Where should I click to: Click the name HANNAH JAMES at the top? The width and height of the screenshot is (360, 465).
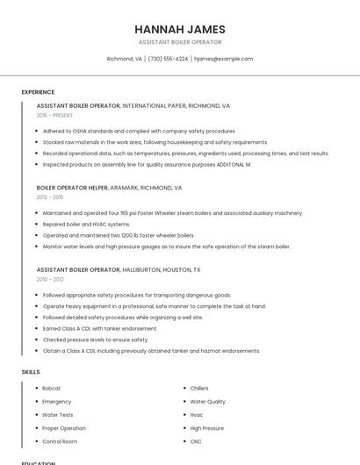coord(179,29)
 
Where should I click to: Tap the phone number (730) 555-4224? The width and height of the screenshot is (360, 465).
coord(168,59)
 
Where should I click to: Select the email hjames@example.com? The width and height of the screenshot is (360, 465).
coord(223,59)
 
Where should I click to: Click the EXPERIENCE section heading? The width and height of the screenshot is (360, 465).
coord(38,92)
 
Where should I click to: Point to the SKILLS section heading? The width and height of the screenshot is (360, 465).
coord(31,372)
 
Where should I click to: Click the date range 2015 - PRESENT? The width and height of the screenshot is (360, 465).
coord(54,115)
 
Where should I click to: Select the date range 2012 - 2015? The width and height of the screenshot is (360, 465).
coord(49,197)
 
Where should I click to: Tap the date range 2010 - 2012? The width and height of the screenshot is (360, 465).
coord(49,279)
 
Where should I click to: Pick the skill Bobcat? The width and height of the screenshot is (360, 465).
coord(51,388)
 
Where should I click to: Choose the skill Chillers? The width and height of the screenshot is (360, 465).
coord(199,388)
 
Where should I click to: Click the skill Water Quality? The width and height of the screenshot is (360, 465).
coord(207,401)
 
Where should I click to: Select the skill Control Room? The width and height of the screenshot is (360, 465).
coord(60,441)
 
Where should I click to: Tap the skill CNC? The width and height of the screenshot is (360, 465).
coord(197,441)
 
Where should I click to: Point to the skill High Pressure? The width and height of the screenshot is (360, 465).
coord(207,428)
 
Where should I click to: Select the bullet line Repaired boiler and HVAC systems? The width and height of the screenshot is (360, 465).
coord(86,224)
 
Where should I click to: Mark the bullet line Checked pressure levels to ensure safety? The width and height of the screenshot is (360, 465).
coord(95,340)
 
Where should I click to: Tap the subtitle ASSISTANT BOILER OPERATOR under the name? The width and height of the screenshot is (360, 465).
coord(179,42)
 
